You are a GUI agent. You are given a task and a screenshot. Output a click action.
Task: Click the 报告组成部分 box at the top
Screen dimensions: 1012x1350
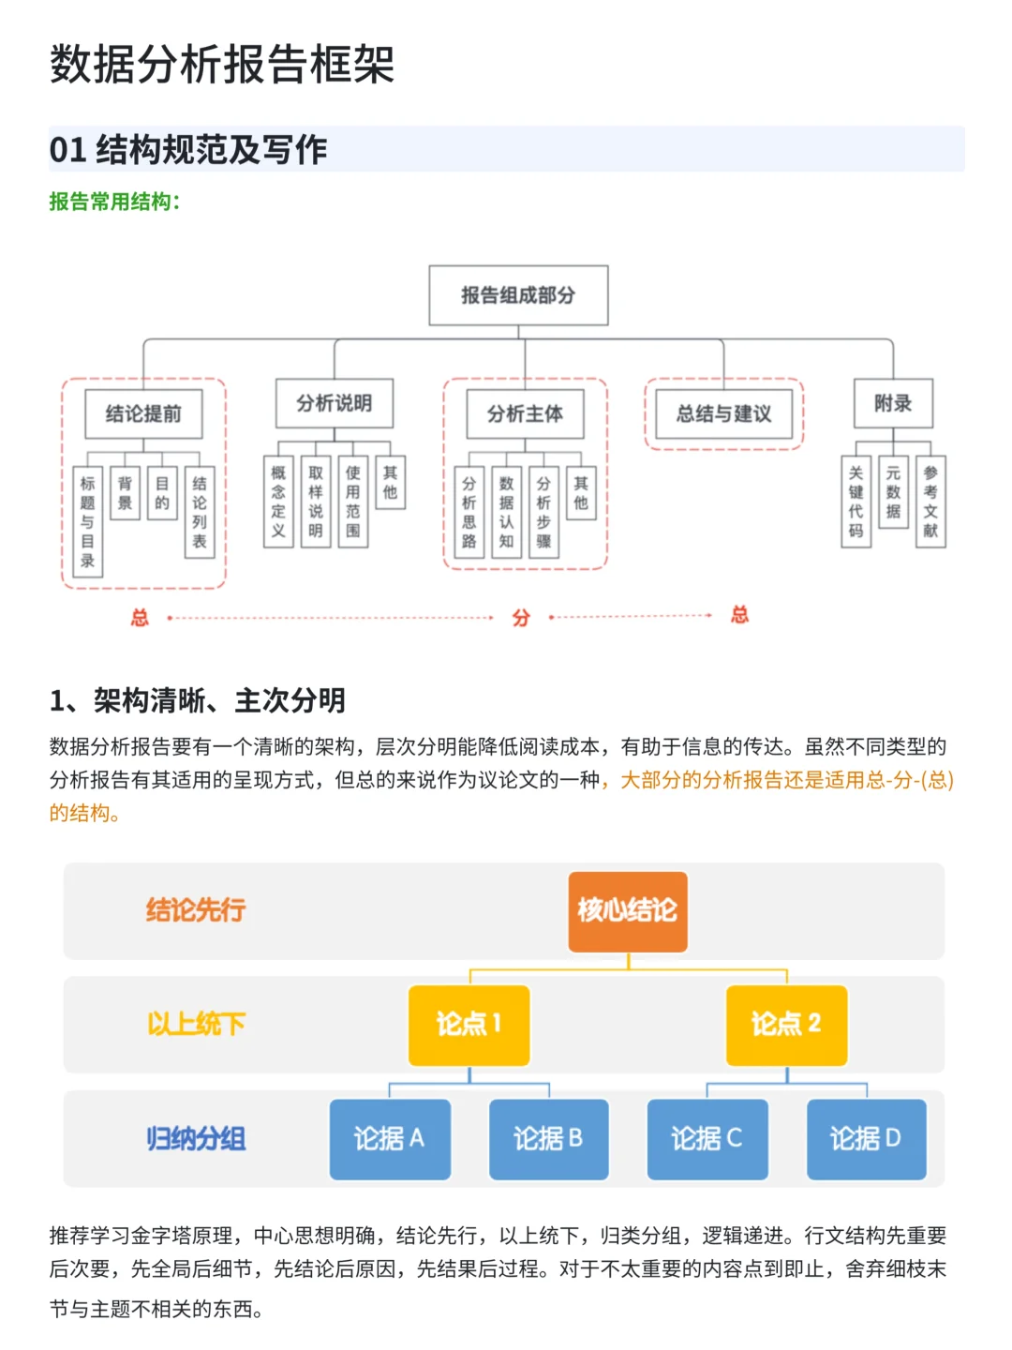click(518, 295)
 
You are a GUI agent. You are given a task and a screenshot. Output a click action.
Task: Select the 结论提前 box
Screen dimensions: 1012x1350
click(143, 413)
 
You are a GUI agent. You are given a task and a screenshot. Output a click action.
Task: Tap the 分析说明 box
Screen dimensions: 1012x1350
click(335, 403)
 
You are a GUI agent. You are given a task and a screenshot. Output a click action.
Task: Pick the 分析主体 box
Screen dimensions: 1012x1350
click(525, 413)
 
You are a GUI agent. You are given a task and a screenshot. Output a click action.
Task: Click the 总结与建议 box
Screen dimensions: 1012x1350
click(723, 413)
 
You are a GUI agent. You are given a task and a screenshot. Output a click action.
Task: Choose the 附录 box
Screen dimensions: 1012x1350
click(893, 403)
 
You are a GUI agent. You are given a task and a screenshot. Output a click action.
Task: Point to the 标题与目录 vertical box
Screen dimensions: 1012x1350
click(87, 521)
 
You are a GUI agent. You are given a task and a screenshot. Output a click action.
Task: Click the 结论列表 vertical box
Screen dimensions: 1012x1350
click(200, 512)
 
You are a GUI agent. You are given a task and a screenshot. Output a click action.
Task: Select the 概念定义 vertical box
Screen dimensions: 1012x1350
click(278, 502)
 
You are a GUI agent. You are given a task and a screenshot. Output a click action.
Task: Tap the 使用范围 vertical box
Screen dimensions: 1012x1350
click(353, 502)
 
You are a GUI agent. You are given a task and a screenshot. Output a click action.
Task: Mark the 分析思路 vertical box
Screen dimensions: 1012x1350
click(469, 512)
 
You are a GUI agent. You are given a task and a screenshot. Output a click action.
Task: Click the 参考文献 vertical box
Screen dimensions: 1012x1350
click(930, 502)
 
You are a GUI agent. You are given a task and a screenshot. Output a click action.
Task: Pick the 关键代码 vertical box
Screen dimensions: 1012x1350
click(856, 502)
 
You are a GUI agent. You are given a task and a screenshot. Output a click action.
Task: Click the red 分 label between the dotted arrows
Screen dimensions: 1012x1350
click(521, 618)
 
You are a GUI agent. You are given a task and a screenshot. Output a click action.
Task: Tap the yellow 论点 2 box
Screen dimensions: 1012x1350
click(786, 1025)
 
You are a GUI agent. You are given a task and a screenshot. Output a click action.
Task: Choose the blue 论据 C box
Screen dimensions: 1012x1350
click(707, 1139)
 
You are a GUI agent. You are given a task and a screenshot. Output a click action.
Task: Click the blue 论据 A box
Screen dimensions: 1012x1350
click(390, 1139)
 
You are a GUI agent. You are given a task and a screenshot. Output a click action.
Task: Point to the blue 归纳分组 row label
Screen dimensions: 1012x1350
click(196, 1139)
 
